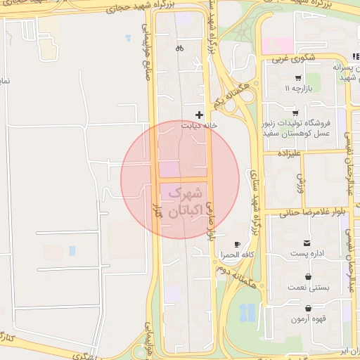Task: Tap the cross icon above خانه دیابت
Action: coord(200,114)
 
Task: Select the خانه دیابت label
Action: coord(196,125)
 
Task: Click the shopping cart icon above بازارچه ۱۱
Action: coord(298,78)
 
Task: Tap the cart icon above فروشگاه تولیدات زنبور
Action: coord(295,113)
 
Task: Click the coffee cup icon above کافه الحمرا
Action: coord(237,244)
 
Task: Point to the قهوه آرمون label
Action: coord(307,318)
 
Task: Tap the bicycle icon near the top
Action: coord(179,49)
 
